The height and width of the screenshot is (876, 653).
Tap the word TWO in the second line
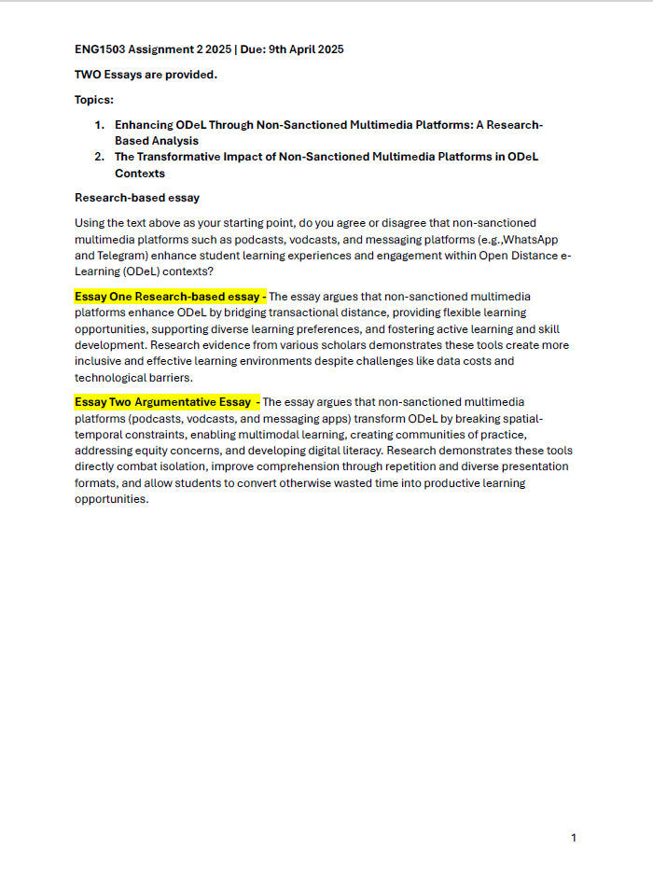[x=88, y=75]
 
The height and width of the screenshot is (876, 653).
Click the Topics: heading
[x=94, y=100]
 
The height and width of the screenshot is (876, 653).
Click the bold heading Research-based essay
[x=137, y=198]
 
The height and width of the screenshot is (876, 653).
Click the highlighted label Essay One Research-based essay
[x=170, y=297]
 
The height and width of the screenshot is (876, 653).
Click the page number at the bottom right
[x=573, y=838]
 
